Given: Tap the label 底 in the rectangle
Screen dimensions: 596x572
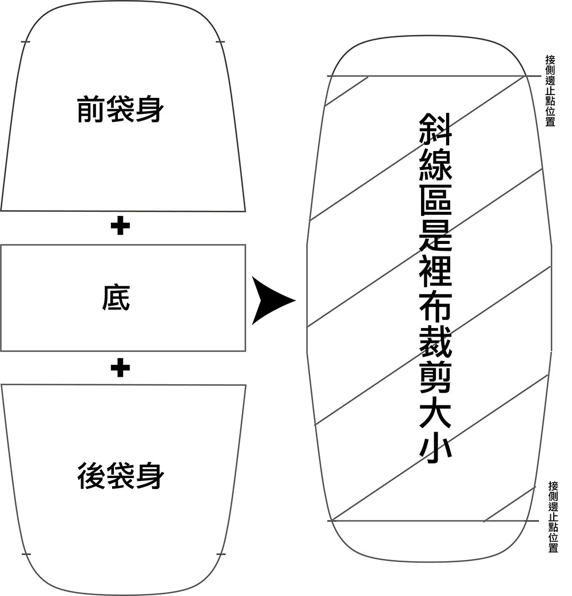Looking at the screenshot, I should (116, 298).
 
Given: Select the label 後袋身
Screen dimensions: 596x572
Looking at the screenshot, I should (120, 476).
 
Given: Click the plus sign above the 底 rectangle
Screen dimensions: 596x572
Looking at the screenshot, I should (120, 227).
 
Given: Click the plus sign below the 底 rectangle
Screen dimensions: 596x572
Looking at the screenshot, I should (120, 368).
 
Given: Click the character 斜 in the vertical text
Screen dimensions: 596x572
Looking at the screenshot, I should (436, 129).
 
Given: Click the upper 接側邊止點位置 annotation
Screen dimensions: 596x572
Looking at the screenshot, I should (550, 90).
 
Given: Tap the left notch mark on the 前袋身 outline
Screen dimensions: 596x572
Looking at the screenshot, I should (25, 42).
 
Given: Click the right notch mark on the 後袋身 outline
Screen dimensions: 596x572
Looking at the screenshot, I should (221, 554).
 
